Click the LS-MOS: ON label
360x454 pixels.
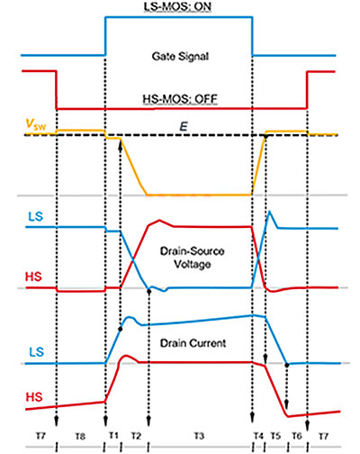178,8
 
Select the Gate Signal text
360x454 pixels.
178,56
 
